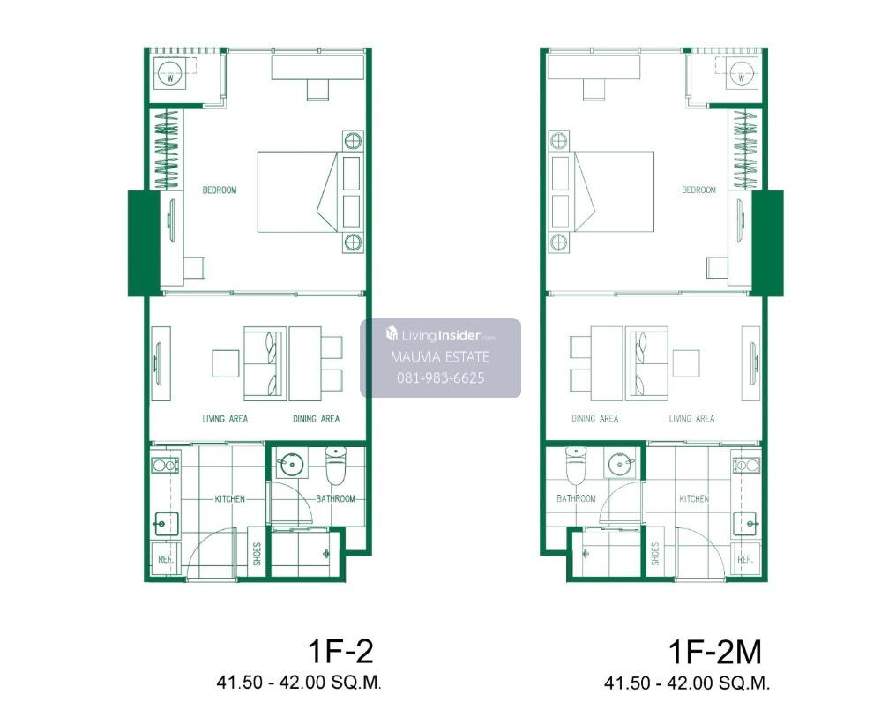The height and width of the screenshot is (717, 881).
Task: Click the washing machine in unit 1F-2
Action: [169, 75]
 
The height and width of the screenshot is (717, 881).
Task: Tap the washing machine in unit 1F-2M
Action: [741, 75]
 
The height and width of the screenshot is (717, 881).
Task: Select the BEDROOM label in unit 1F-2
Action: [220, 190]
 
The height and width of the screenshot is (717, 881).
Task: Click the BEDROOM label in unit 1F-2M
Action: [699, 190]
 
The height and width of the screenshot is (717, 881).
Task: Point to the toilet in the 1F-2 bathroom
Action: [336, 466]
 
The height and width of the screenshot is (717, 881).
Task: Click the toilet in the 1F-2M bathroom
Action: [576, 466]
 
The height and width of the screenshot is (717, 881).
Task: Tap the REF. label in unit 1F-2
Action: [166, 559]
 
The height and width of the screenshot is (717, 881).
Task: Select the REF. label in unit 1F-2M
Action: [745, 559]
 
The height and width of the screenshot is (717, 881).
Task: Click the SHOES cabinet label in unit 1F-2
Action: [258, 554]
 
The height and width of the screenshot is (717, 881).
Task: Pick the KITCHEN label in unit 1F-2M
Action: [694, 498]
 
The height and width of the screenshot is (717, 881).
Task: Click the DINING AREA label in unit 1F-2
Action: [317, 419]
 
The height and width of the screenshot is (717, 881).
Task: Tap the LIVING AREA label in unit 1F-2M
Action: [691, 419]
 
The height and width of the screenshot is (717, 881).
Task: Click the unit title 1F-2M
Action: [714, 652]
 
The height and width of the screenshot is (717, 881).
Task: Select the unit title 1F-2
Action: [340, 652]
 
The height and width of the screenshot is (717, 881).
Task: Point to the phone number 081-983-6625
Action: [441, 377]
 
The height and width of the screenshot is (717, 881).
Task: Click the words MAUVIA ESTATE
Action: [440, 357]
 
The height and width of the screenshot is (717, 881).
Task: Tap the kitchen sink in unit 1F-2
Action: [166, 524]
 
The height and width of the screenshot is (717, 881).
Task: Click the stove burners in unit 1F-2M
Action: [747, 465]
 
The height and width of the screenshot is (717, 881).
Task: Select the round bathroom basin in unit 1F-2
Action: [292, 465]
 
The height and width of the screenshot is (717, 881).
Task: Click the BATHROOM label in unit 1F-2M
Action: [576, 498]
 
